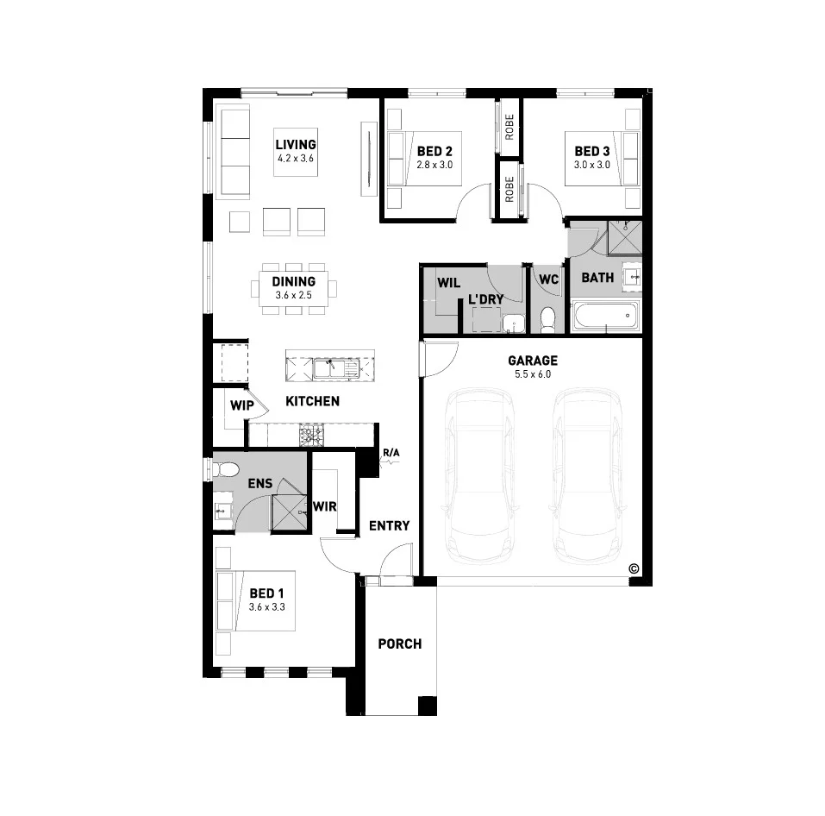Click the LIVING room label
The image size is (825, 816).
click(296, 145)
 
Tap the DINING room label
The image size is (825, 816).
click(293, 281)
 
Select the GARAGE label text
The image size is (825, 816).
click(532, 361)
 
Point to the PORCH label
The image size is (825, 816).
click(400, 643)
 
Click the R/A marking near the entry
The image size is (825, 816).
click(391, 451)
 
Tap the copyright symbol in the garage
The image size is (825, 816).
click(634, 568)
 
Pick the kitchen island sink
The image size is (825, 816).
click(331, 369)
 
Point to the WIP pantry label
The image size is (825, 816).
click(240, 403)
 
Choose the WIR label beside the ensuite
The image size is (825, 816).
click(325, 505)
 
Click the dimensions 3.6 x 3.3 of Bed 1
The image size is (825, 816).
click(267, 607)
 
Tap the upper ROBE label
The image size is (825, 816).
click(509, 128)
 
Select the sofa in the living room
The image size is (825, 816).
click(233, 152)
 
